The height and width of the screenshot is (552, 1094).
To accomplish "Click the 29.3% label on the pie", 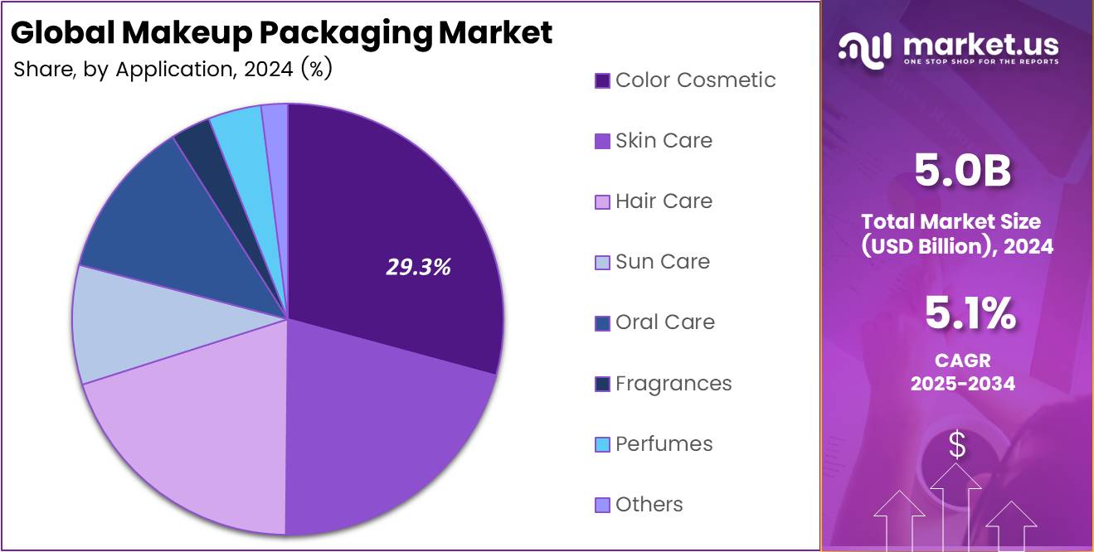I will (419, 267).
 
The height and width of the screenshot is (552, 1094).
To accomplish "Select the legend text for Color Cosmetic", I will (695, 80).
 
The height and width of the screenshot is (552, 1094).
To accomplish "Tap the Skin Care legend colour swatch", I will (603, 142).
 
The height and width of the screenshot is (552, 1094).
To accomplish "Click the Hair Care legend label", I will (664, 201).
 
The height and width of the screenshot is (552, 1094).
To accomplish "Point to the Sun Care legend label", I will (662, 262).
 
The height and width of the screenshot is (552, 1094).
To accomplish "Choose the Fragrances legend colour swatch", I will (603, 384).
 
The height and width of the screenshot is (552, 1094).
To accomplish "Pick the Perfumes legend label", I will (664, 444).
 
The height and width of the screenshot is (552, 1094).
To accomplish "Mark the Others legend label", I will (649, 505).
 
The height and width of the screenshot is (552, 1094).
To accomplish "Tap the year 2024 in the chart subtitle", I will (268, 70).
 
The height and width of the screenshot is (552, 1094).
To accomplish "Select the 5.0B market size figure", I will (962, 171).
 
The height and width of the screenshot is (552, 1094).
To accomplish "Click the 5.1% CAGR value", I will (970, 314).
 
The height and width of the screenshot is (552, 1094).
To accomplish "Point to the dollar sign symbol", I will (957, 446).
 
